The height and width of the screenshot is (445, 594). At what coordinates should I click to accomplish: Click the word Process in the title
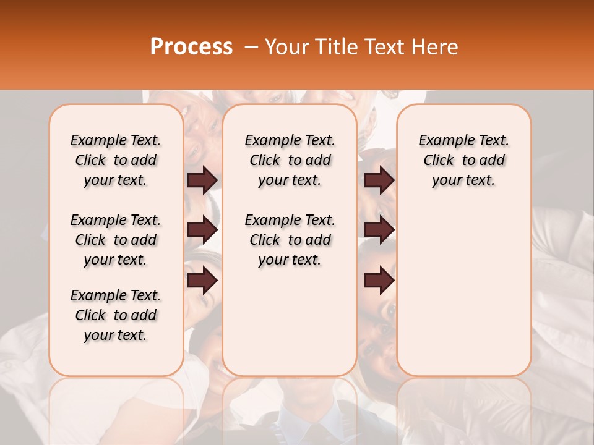(x=191, y=46)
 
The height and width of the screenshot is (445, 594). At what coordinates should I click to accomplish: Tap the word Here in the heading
(x=435, y=46)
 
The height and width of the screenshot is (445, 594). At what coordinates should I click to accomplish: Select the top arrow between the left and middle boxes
(x=202, y=180)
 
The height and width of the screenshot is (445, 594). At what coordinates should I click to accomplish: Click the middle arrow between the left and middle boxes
(x=202, y=230)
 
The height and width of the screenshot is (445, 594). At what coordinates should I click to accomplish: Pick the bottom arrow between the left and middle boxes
(x=202, y=280)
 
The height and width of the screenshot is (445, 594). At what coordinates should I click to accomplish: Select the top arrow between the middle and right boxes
(x=379, y=180)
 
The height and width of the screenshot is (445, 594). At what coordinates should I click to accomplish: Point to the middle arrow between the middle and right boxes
(x=379, y=230)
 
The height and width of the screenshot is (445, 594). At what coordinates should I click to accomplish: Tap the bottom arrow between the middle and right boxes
(x=379, y=280)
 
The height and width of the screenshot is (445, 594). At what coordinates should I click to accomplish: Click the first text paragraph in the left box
(x=116, y=160)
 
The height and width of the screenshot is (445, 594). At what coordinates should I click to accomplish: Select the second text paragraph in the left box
(x=116, y=240)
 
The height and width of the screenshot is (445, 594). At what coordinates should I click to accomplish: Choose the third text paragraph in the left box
(x=116, y=315)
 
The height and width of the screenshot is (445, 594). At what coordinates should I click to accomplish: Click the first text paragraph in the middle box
(x=290, y=160)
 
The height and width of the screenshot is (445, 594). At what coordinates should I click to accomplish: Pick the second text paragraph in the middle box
(x=290, y=240)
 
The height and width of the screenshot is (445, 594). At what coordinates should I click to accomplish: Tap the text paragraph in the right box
(x=463, y=160)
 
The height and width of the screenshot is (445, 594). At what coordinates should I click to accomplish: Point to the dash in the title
(x=250, y=46)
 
